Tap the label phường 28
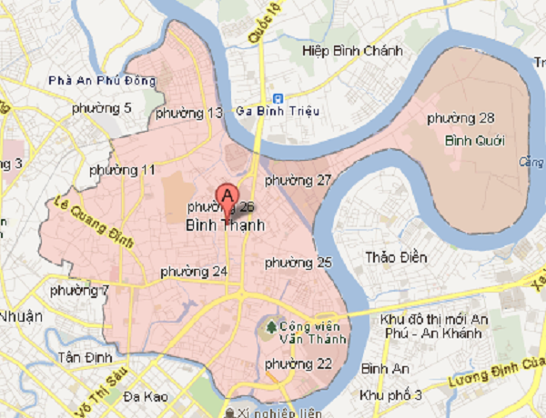coord(460,119)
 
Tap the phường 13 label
coord(189,114)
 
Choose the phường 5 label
coord(101,108)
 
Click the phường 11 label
coord(123,170)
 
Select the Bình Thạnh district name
coord(225,224)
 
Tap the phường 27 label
coord(298,180)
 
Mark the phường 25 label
coord(298,263)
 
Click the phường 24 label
coord(193,272)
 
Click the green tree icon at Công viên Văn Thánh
coord(269,325)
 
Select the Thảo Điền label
coord(396,257)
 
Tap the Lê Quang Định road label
coord(94,223)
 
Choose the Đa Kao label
coord(145,396)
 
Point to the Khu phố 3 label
coord(390,395)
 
